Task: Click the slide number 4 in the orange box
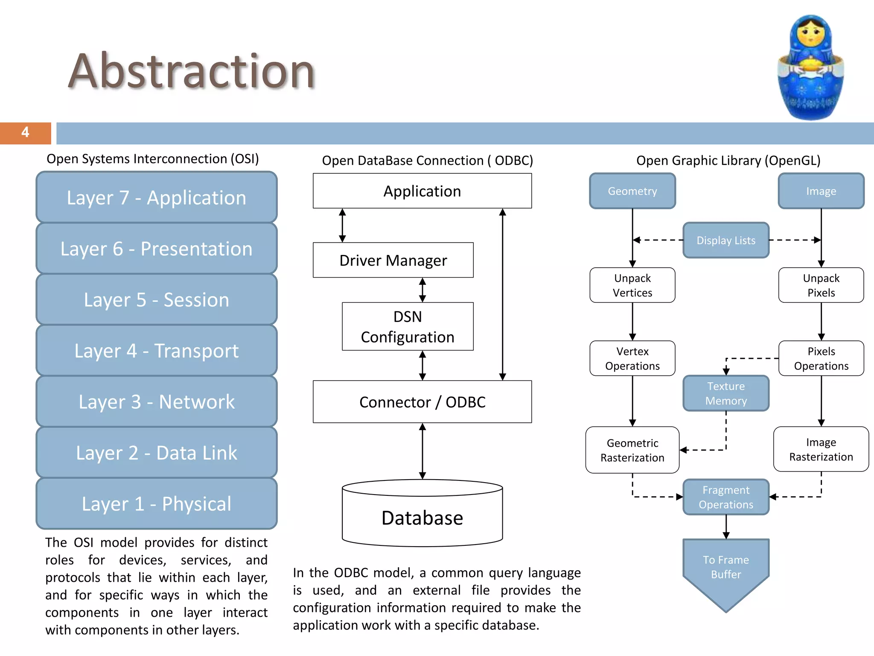25,132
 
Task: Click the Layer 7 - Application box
156,197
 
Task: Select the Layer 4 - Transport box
156,351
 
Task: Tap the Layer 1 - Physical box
156,504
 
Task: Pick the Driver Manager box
393,260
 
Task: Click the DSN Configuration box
408,327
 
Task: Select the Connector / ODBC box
422,402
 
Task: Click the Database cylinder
422,517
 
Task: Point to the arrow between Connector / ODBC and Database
422,451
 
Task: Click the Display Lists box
725,240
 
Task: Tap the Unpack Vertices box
632,285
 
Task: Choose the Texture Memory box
725,393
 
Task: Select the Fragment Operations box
725,497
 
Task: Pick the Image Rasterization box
821,449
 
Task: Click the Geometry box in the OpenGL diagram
632,191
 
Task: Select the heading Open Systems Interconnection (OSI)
152,159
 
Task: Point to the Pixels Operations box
821,358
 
